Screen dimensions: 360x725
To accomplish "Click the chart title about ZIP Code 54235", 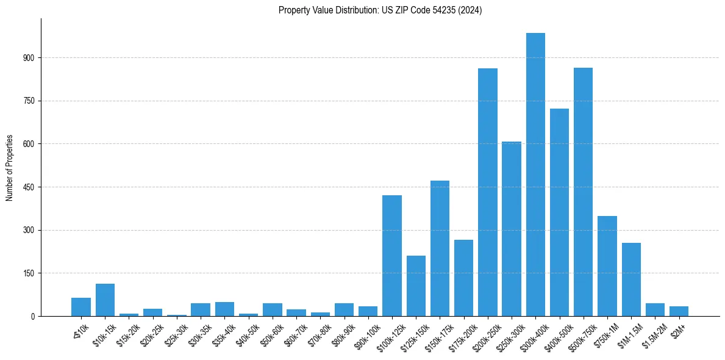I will (380, 10).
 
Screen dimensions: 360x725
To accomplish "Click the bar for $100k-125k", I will (392, 256).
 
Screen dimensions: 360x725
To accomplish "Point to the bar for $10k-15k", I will (105, 300).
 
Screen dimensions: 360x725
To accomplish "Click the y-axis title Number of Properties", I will (10, 167).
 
